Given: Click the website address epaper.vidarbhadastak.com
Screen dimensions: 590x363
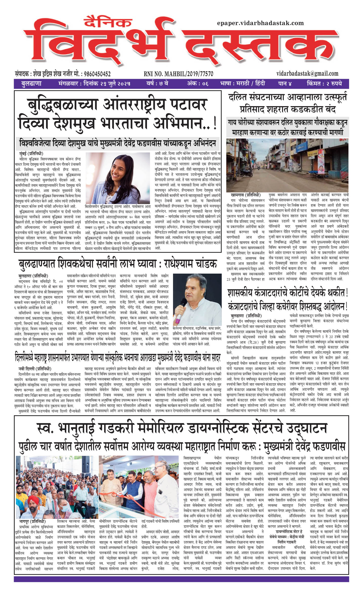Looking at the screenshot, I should pos(260,23).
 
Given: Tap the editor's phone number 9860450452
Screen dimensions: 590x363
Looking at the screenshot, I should pos(97,74).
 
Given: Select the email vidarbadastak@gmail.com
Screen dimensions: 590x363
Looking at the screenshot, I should pos(307,74).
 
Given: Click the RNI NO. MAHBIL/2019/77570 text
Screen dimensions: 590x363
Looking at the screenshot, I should pos(178,74).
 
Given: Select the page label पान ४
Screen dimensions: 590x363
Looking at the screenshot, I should pos(285,84).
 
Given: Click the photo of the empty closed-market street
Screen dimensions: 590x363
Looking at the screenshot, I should pos(287,165).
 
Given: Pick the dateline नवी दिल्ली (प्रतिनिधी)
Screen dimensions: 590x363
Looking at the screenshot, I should pos(35,369).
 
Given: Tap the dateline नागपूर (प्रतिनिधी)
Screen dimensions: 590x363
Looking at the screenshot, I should pos(32,522).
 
